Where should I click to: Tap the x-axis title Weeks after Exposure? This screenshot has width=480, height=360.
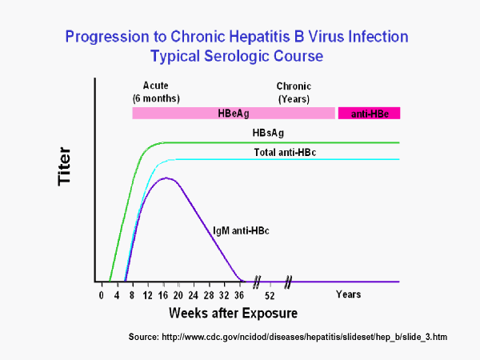221,312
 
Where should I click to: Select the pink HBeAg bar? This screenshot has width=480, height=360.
233,113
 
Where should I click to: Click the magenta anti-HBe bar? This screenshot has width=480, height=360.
369,113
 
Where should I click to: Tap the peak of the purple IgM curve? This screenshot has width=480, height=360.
165,178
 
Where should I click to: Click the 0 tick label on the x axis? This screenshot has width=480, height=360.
102,294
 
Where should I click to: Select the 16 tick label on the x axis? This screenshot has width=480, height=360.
162,294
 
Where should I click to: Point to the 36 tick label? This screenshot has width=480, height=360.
239,294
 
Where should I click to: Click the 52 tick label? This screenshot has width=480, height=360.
270,294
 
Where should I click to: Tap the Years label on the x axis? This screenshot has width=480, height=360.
348,294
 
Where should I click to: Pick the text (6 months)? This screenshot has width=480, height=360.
156,98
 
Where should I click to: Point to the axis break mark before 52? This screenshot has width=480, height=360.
257,282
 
